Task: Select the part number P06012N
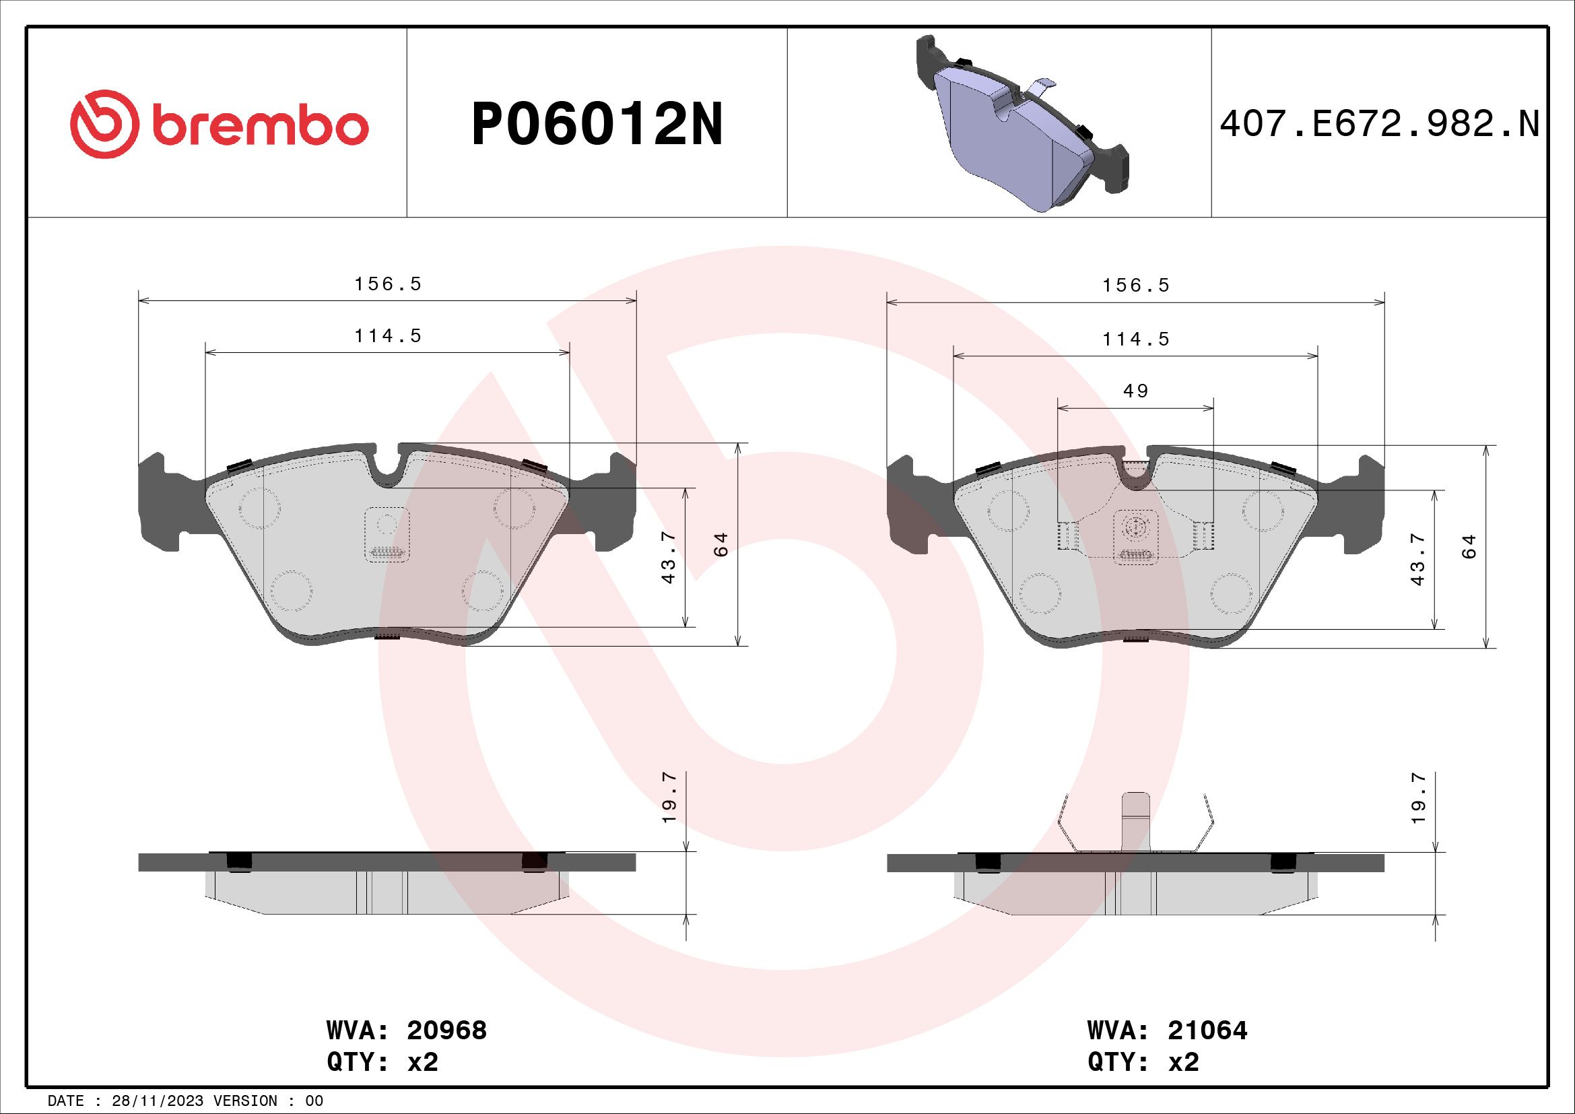coord(597,125)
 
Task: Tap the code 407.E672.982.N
coord(1380,125)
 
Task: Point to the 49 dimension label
coord(1135,391)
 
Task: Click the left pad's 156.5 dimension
coord(388,284)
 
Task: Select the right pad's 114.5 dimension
coord(1135,339)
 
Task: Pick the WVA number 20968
coord(446,1030)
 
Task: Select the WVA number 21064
coord(1207,1030)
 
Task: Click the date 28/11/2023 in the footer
coord(157,1101)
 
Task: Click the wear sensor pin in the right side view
coord(1135,820)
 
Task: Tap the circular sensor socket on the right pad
coord(1135,527)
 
